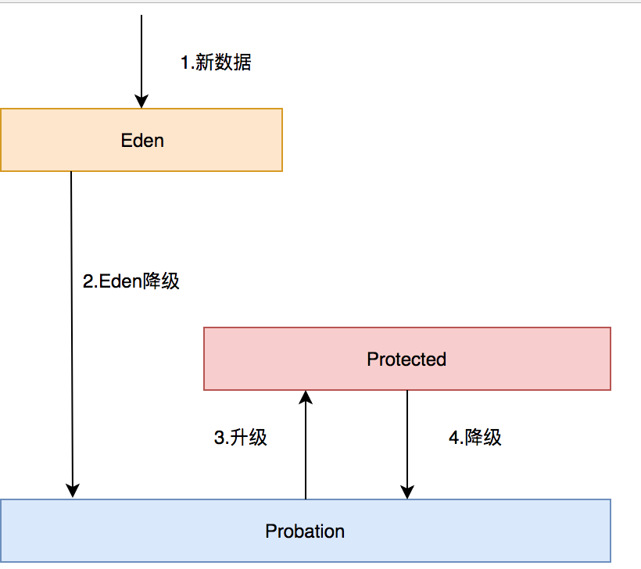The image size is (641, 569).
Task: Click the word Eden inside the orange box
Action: [x=142, y=141]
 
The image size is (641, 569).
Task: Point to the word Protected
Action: [x=406, y=360]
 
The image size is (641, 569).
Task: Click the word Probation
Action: [x=305, y=531]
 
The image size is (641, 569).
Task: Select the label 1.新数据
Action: [x=216, y=63]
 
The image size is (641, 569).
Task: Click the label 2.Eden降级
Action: [x=131, y=281]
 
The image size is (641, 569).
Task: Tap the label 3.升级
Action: [x=241, y=438]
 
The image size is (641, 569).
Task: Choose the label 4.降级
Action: [x=475, y=438]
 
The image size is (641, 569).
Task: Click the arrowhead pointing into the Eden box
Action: [x=141, y=101]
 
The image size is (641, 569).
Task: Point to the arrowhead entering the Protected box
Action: [x=306, y=398]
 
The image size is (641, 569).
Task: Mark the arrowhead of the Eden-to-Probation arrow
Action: [x=73, y=491]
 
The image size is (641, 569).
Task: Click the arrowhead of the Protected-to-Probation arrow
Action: [x=407, y=491]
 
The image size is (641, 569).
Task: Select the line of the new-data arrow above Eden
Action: [x=141, y=55]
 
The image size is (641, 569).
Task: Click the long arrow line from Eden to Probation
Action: [x=72, y=328]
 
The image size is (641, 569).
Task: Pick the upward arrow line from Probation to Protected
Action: [x=306, y=453]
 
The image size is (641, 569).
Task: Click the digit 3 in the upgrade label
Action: [x=219, y=438]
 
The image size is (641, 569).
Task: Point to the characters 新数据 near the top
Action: [x=224, y=63]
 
